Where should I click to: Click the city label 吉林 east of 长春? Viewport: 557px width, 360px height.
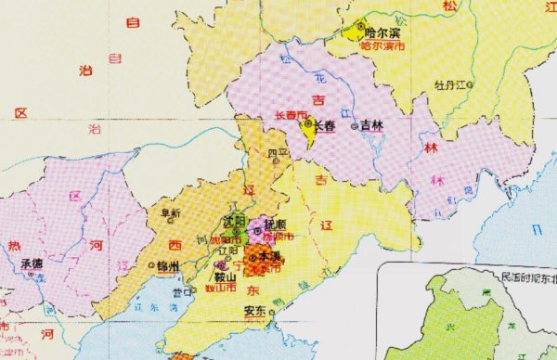[x=371, y=125]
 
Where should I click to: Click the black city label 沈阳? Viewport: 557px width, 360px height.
[x=235, y=221]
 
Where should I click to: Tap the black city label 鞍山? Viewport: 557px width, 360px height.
[x=227, y=276]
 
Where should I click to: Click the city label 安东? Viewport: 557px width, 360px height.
[x=255, y=311]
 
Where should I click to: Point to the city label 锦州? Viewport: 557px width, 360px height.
[x=167, y=266]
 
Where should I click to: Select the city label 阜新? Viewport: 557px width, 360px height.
[x=171, y=212]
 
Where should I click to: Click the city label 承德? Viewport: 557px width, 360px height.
[x=31, y=263]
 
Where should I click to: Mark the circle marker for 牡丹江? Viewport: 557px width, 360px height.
[x=471, y=85]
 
